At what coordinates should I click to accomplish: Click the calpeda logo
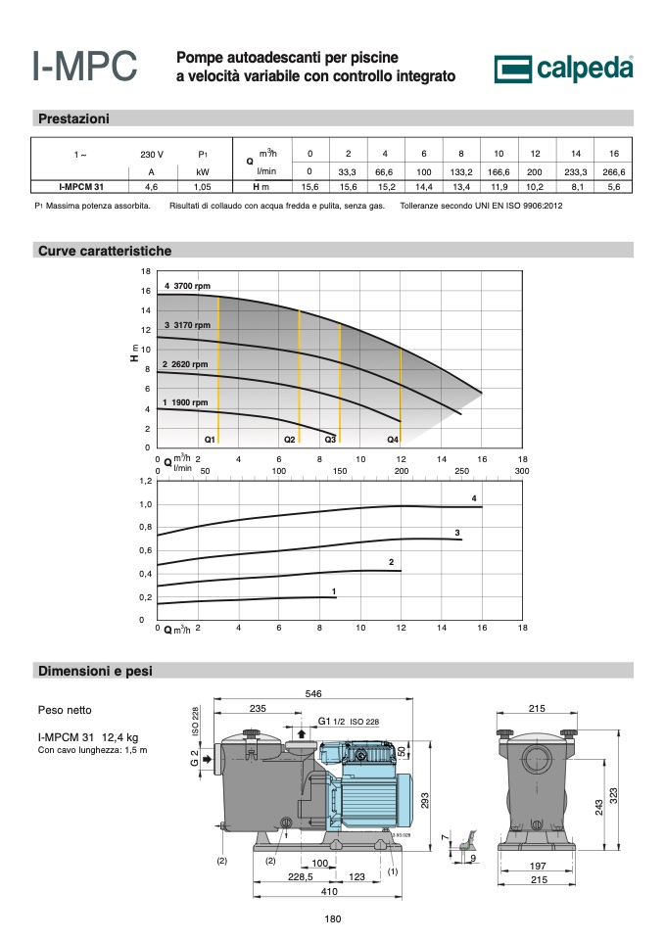[563, 69]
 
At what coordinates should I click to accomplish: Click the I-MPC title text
[84, 66]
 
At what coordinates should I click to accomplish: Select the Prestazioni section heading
[73, 118]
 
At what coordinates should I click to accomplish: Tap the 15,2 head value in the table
[386, 187]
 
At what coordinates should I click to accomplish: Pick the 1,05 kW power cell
[203, 187]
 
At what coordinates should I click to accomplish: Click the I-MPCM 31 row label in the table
[81, 187]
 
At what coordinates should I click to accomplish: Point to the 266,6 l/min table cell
[613, 172]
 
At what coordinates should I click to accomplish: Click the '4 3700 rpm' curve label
[188, 286]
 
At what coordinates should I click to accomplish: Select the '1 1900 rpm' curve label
[185, 402]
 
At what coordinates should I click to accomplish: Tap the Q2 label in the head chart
[290, 440]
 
